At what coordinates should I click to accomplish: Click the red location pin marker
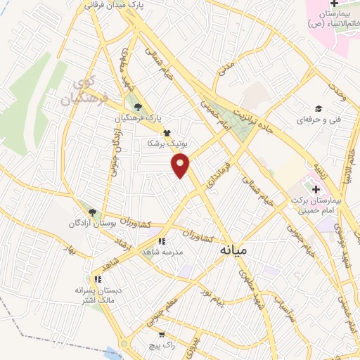pos(181,166)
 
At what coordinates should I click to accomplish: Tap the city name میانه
pos(234,250)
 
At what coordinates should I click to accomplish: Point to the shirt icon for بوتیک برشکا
pos(167,132)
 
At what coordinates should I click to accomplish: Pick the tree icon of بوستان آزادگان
pos(91,211)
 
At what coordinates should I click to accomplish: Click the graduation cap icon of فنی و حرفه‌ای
pos(319,108)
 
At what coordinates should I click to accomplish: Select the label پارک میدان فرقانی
pos(117,4)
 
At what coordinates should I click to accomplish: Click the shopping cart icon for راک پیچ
pos(162,335)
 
